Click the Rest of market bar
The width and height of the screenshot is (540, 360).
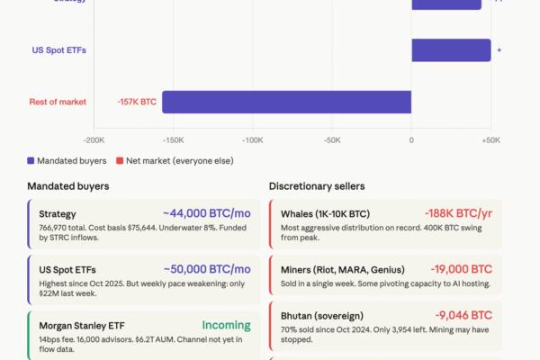286,102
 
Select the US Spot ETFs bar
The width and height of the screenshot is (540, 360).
451,50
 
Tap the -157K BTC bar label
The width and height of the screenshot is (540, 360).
137,102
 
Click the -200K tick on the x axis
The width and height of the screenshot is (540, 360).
94,140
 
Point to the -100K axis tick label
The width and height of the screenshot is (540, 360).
253,140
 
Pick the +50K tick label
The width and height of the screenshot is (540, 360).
490,140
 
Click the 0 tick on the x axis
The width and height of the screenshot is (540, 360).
411,140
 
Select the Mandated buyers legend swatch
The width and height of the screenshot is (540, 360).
31,161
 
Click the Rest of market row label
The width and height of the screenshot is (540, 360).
58,102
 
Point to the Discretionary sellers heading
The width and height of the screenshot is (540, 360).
317,186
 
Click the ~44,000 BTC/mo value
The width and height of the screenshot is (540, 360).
207,214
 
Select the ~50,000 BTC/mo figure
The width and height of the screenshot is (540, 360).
207,269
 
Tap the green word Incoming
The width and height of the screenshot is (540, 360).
226,325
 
